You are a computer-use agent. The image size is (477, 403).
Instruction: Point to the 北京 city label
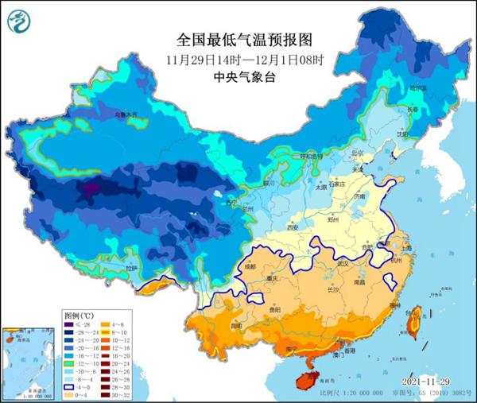[358, 153]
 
